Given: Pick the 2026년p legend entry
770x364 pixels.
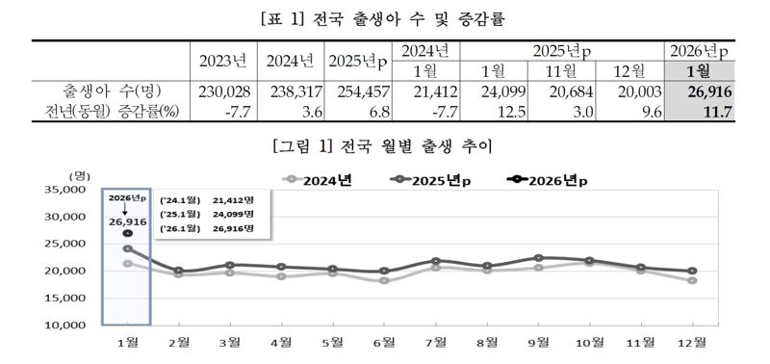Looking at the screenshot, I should point(547,179).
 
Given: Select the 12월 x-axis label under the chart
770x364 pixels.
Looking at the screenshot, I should point(692,341).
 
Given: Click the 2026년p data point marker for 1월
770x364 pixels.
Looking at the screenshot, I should point(127,233).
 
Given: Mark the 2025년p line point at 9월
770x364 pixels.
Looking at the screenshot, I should point(538,258).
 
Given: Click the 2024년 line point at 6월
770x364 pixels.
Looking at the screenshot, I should point(385,280).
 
